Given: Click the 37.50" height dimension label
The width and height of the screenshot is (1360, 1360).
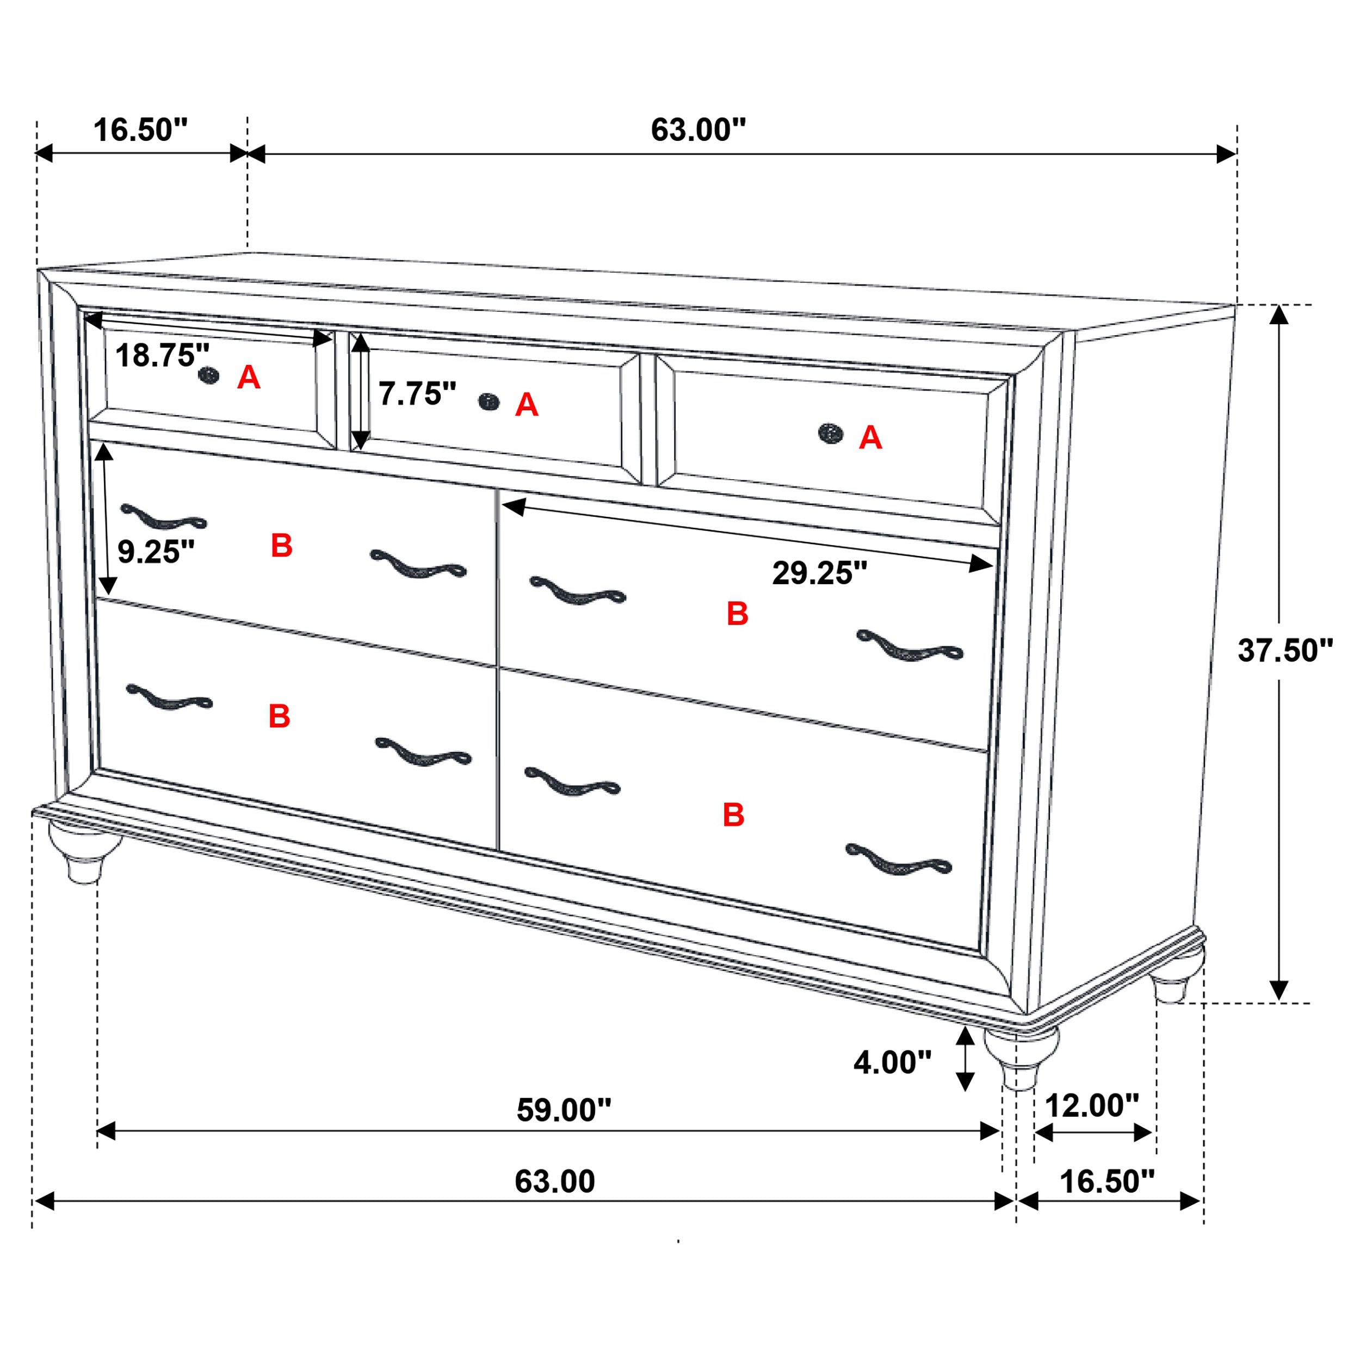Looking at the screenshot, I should [1285, 651].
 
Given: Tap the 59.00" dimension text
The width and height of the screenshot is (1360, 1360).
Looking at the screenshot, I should [564, 1110].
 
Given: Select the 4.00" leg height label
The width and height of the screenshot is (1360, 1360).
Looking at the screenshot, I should [892, 1062].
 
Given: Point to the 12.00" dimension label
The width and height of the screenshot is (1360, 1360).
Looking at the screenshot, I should [1092, 1106].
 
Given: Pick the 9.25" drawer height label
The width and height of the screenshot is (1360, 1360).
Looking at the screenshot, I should [156, 552].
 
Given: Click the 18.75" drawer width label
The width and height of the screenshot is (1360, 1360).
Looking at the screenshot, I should [163, 355].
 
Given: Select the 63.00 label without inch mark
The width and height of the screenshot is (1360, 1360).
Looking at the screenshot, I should [555, 1181].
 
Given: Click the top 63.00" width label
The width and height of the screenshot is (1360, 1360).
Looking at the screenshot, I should [697, 130].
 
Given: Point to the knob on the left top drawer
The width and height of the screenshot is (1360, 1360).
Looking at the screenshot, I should [208, 376].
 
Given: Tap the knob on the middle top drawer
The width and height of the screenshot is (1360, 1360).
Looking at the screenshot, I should [489, 402].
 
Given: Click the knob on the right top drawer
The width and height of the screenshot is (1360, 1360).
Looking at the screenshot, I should [831, 434].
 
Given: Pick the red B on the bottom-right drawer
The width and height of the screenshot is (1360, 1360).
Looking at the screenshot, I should [733, 814].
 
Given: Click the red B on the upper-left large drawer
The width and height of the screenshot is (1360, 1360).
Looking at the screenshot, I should [282, 546].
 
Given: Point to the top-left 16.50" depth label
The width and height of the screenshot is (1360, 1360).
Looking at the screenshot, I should [141, 130].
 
